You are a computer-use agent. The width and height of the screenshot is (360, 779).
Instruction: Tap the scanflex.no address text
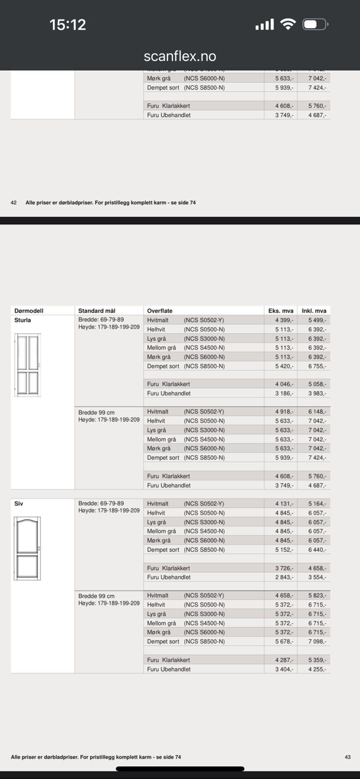pyautogui.click(x=180, y=56)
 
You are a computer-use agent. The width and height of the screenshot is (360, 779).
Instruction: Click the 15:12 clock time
pyautogui.click(x=68, y=24)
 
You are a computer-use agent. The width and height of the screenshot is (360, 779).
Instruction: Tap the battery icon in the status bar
pyautogui.click(x=315, y=24)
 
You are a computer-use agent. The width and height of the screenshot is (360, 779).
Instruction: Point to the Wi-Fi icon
pyautogui.click(x=288, y=24)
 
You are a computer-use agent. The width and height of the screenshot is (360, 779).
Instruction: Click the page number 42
pyautogui.click(x=14, y=203)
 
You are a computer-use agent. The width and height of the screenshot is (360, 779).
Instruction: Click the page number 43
pyautogui.click(x=347, y=757)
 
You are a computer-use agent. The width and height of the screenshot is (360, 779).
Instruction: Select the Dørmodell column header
pyautogui.click(x=29, y=311)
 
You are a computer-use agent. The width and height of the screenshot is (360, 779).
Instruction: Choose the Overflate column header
pyautogui.click(x=160, y=311)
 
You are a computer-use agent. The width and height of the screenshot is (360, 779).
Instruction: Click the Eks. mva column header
pyautogui.click(x=281, y=311)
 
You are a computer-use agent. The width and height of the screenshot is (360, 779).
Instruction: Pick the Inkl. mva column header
pyautogui.click(x=314, y=311)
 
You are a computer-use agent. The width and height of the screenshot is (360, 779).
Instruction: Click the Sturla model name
pyautogui.click(x=22, y=320)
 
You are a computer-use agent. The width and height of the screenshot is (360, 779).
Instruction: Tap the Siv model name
pyautogui.click(x=19, y=503)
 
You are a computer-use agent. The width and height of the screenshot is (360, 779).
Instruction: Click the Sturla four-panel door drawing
pyautogui.click(x=28, y=365)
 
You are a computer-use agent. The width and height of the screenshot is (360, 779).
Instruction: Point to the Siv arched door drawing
pyautogui.click(x=27, y=548)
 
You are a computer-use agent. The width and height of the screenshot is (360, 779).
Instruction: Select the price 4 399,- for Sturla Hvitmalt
pyautogui.click(x=284, y=320)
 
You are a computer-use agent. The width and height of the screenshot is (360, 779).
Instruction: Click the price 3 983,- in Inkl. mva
pyautogui.click(x=317, y=393)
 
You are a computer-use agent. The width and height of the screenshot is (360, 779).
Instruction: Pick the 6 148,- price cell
pyautogui.click(x=317, y=412)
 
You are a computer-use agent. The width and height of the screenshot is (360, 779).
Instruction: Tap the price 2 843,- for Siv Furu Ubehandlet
pyautogui.click(x=284, y=577)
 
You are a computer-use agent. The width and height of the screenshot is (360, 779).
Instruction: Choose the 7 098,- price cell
pyautogui.click(x=317, y=642)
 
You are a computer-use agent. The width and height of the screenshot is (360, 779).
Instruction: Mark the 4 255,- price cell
pyautogui.click(x=317, y=669)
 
